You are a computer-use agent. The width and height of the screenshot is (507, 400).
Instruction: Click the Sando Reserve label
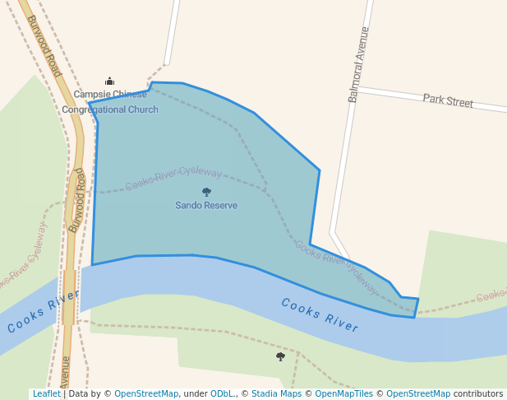(206, 205)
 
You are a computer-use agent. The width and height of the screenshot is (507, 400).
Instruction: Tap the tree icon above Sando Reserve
(206, 192)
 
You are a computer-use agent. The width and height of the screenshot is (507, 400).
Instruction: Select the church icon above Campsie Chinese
(109, 81)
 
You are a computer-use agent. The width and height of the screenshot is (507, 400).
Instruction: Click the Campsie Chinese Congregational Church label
(110, 102)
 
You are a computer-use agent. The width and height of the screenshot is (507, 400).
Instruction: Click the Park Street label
(448, 101)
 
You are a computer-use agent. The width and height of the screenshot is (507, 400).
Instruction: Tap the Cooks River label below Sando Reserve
(320, 314)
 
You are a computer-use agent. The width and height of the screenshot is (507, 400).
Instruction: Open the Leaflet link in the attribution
(46, 393)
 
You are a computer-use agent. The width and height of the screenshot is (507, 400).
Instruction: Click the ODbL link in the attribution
(222, 393)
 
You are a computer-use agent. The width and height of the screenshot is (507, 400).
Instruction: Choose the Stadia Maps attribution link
(276, 393)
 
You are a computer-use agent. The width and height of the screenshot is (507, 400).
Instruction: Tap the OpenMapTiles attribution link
(343, 393)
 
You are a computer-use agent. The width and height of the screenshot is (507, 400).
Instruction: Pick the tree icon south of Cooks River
(280, 356)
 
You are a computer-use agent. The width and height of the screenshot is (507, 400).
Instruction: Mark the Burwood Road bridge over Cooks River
(69, 296)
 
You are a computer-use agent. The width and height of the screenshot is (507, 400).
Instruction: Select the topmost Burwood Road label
(44, 46)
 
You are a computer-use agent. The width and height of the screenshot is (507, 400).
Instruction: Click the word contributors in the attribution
(478, 393)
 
